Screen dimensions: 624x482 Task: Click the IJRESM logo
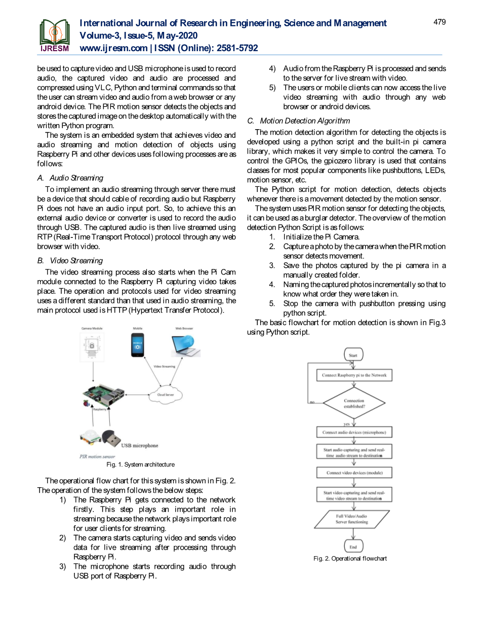point(55,35)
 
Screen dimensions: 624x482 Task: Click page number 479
point(439,22)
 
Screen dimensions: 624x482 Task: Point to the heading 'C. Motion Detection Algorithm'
point(298,121)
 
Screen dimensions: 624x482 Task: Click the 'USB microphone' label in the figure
point(139,446)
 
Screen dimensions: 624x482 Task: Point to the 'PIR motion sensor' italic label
point(97,456)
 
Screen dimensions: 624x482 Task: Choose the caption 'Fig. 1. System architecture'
point(140,464)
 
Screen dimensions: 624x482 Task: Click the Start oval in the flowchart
point(353,355)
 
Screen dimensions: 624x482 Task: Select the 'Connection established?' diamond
point(354,404)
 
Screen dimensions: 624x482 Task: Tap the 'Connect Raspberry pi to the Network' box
point(354,375)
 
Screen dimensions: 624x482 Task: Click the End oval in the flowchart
point(353,547)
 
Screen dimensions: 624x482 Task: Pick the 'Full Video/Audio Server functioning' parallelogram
point(352,519)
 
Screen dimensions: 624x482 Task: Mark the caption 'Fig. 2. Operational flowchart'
point(350,558)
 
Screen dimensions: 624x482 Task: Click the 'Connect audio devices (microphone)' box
point(354,433)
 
